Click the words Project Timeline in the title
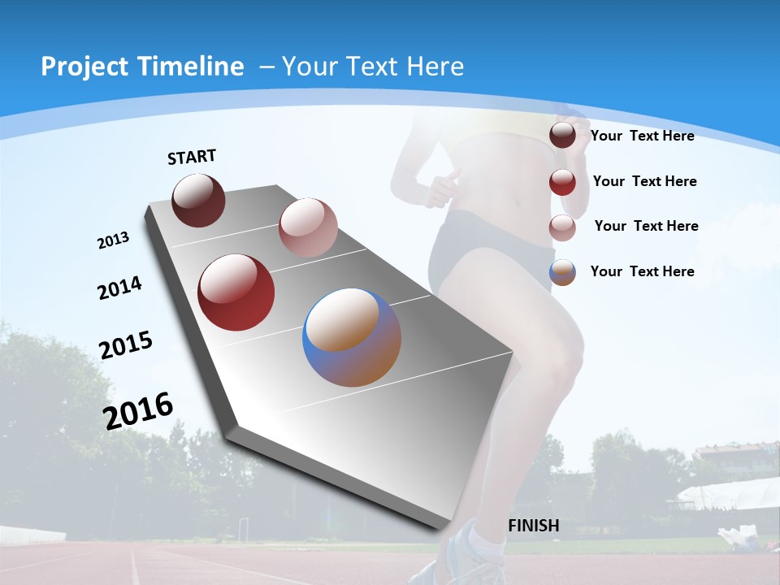[x=142, y=67]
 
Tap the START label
[x=192, y=157]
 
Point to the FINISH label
[x=534, y=526]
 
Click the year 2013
[x=113, y=240]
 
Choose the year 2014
[x=119, y=288]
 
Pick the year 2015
[x=126, y=345]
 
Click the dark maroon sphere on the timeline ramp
[x=198, y=200]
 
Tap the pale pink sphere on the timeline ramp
[x=308, y=227]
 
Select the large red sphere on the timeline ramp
[x=236, y=292]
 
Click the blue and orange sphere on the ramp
[x=352, y=337]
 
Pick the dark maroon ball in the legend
[x=562, y=136]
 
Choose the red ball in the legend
[x=562, y=182]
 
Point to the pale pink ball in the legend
[x=562, y=227]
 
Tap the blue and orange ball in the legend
[x=562, y=272]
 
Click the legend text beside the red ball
[x=644, y=181]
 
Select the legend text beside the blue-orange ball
[x=642, y=271]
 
